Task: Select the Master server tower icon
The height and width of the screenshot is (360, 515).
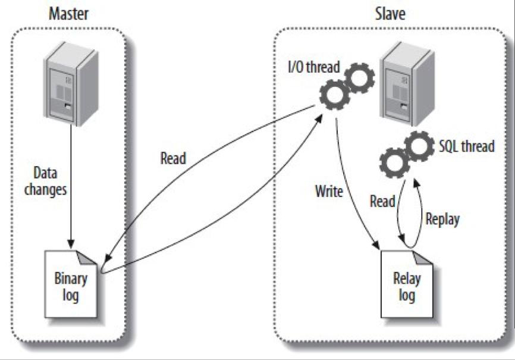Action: pos(72,87)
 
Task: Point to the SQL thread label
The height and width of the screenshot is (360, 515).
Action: pos(466,146)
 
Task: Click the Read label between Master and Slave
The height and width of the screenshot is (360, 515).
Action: pos(172,158)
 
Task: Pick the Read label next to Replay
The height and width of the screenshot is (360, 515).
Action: pos(382,201)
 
